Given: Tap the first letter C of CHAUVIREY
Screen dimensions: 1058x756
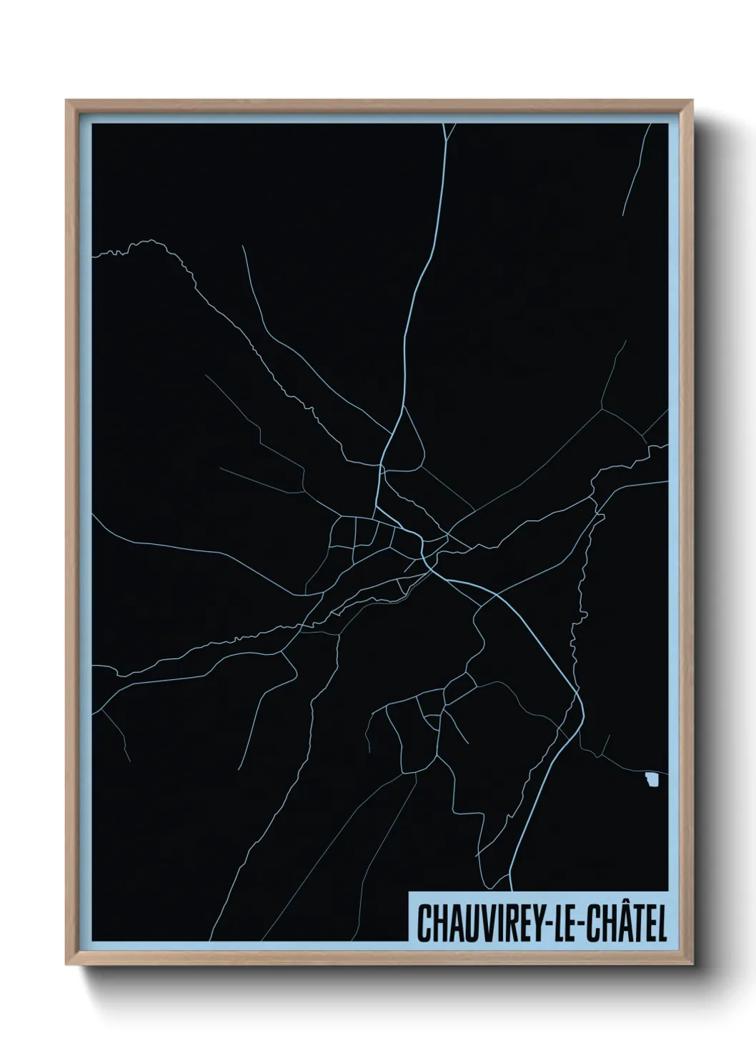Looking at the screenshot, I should pos(423,924).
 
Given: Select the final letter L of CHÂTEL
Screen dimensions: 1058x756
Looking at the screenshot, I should pos(662,924).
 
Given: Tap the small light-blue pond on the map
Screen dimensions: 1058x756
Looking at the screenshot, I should pos(650,781).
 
